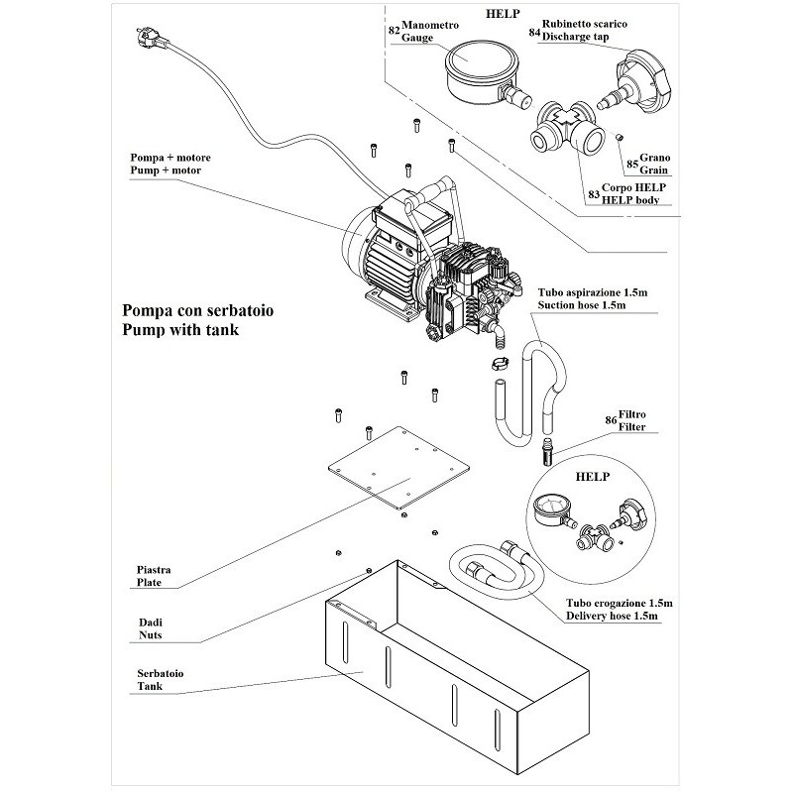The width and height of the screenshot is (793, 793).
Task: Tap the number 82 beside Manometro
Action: pos(395,31)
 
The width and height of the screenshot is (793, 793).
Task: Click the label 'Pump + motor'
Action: pos(165,171)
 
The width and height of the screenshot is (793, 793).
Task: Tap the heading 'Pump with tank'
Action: pos(180,329)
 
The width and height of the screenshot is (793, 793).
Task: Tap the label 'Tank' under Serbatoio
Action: pos(149,686)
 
